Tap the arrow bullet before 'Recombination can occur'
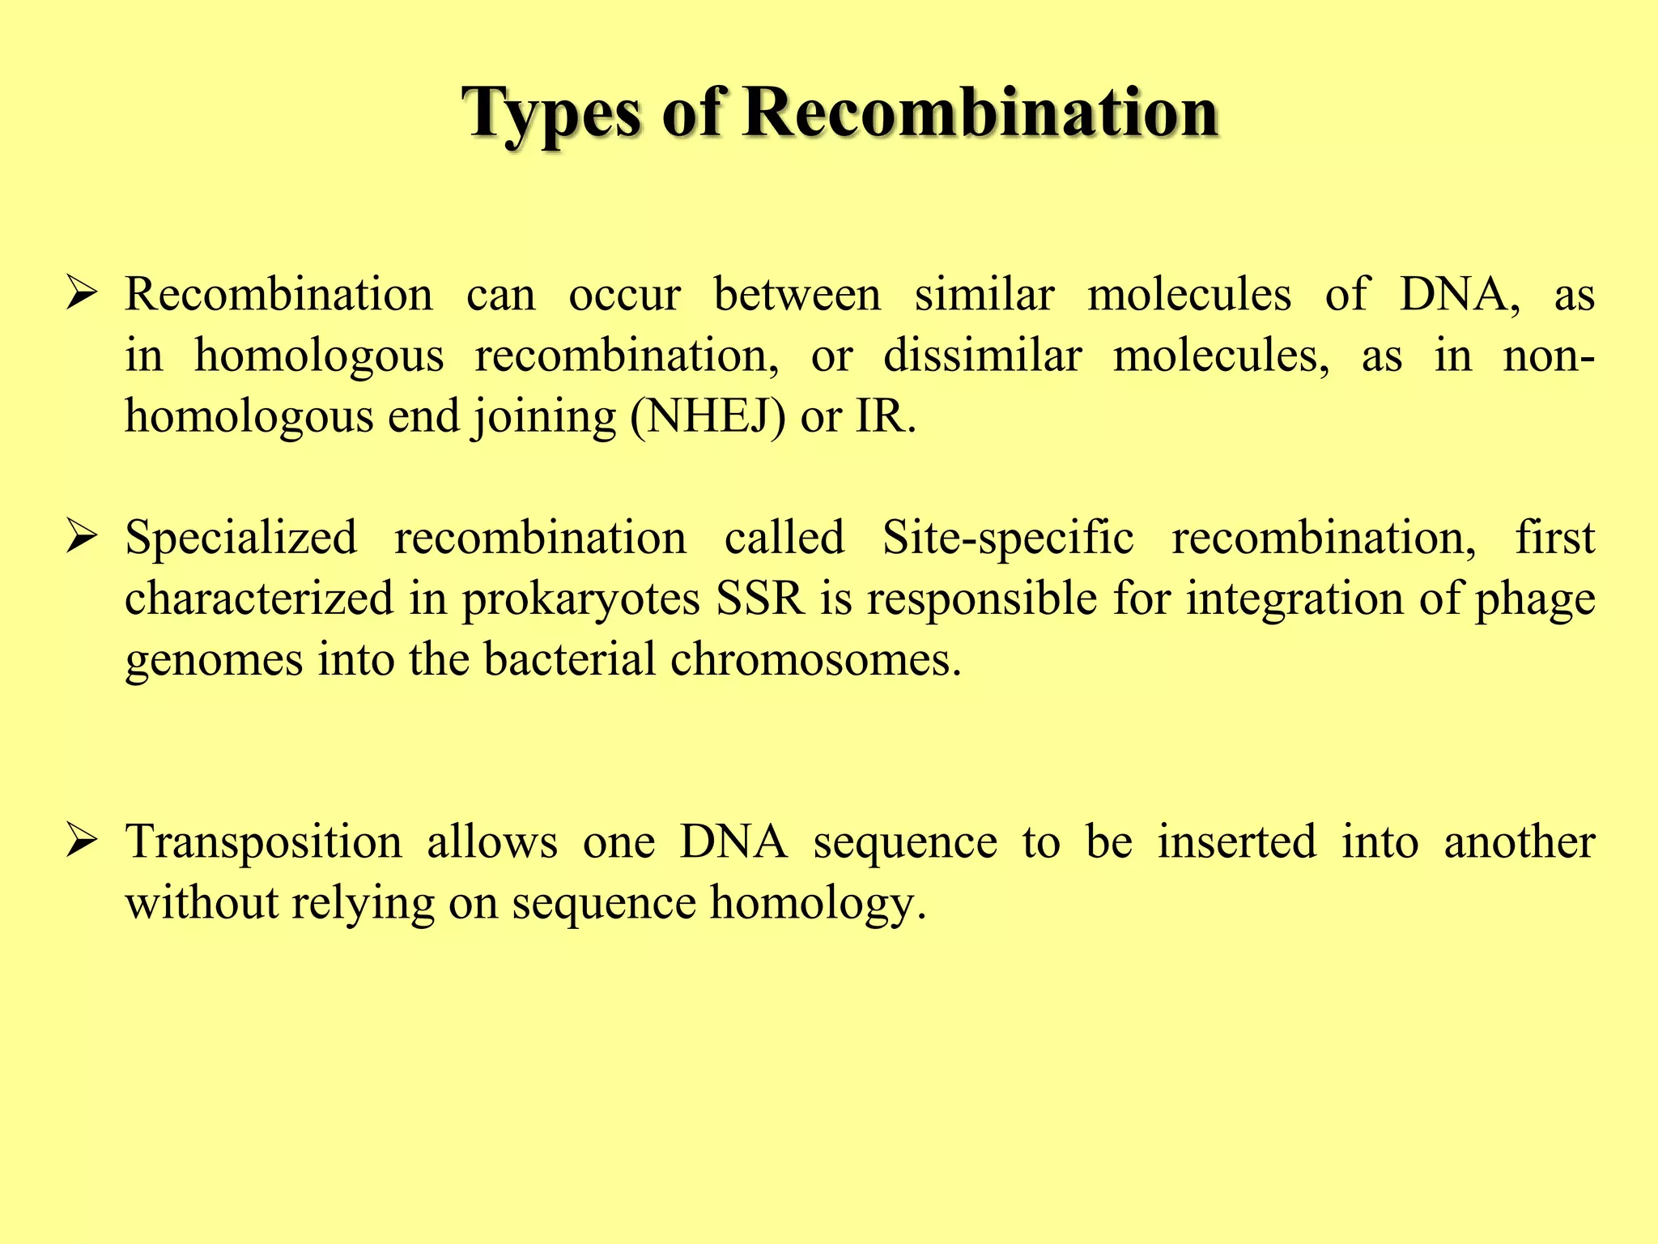click(x=83, y=295)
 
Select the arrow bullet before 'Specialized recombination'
click(x=83, y=537)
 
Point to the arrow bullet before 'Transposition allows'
click(x=83, y=841)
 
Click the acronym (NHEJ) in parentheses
click(x=708, y=417)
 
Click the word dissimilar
click(x=982, y=356)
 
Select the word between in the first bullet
click(x=797, y=295)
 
